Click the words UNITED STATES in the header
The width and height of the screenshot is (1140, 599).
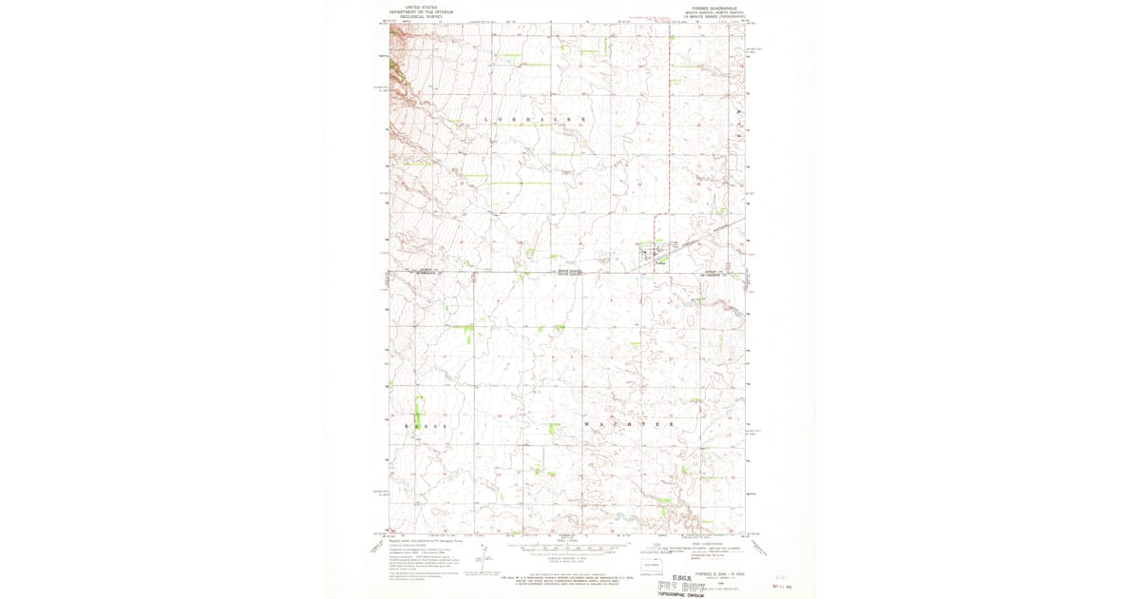click(421, 7)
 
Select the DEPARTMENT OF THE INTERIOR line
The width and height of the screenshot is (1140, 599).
click(421, 11)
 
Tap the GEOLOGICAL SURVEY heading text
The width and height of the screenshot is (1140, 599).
click(421, 16)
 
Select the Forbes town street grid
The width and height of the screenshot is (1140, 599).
click(654, 252)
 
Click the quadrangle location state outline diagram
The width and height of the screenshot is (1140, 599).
click(651, 566)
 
